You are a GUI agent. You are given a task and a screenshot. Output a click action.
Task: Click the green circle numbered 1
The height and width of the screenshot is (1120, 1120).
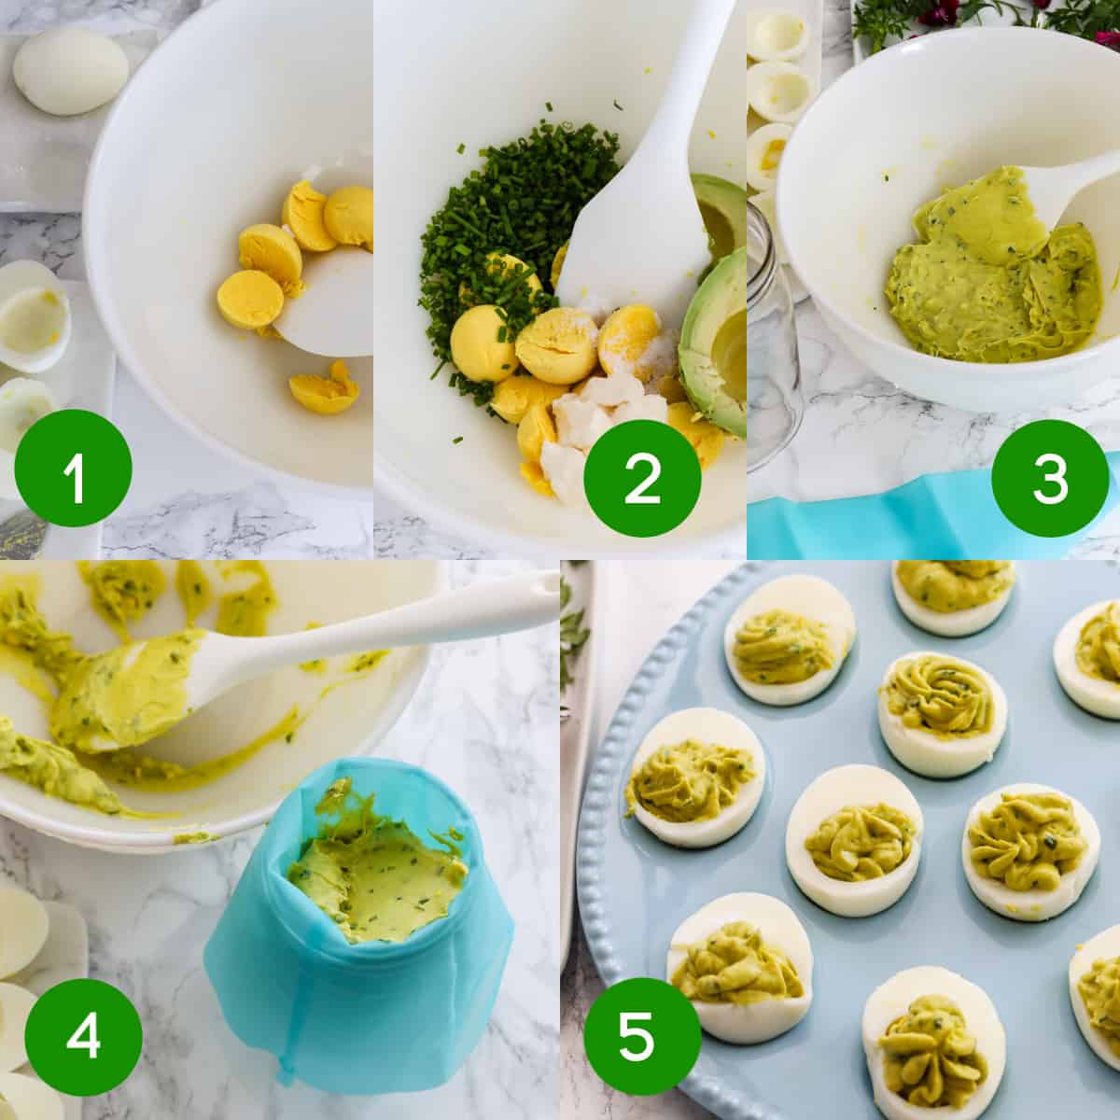[73, 468]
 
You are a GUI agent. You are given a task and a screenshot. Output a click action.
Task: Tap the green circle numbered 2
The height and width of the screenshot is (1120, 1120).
[642, 479]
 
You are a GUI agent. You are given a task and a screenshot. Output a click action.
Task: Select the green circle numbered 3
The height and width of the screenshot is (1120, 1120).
[1050, 479]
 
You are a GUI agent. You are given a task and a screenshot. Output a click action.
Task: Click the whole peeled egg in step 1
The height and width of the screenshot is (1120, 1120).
[71, 71]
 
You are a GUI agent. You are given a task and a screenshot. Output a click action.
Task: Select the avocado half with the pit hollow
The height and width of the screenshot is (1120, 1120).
[714, 343]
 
